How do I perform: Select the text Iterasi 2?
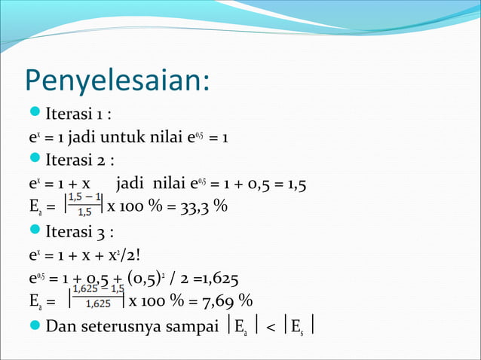(80, 160)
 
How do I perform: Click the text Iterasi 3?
(80, 230)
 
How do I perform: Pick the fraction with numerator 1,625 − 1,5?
(98, 296)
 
